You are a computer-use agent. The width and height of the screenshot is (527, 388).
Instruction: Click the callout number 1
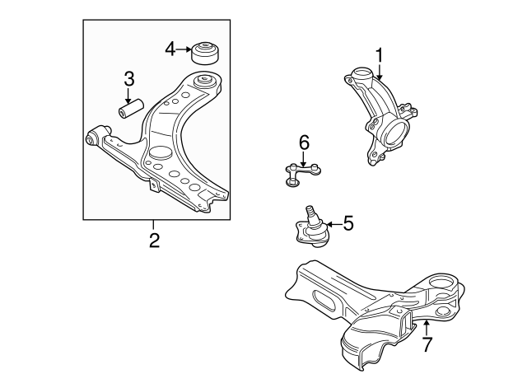380,54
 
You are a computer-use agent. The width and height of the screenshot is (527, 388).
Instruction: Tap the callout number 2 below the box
153,241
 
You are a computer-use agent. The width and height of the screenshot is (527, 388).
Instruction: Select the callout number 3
129,79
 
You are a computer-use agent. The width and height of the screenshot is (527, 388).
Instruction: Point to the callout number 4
170,49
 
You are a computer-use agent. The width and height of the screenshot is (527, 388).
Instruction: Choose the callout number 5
347,222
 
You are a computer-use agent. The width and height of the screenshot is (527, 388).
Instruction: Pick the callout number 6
303,143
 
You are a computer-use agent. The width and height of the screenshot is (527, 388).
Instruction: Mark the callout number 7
426,344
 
